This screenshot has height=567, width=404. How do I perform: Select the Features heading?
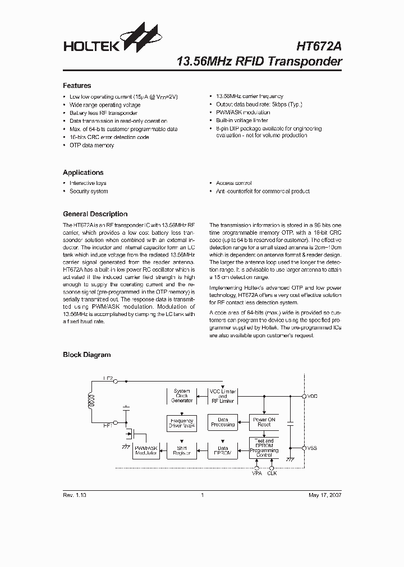coord(77,86)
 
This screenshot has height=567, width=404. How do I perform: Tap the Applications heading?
coord(83,173)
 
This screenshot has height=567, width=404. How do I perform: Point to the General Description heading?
coord(95,214)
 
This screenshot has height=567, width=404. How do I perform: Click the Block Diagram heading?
coord(86,355)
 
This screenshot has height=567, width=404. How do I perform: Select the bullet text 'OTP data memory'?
coord(91,145)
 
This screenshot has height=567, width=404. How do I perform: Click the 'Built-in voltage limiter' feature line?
coord(242,120)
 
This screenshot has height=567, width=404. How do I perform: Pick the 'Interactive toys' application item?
coord(88,183)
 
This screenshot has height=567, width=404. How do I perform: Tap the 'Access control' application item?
coord(233,183)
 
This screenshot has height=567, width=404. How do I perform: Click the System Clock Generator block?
coord(182,396)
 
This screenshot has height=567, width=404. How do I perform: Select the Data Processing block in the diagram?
coord(223,422)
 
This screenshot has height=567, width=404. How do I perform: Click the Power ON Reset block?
coord(264,422)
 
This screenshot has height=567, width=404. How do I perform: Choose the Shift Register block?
coord(182,451)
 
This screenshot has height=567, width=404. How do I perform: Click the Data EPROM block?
coord(223,451)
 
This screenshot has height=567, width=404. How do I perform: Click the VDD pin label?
coord(313,396)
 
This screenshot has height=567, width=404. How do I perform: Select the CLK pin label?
coord(272,473)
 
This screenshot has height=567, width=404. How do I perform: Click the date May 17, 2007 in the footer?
coord(325,495)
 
